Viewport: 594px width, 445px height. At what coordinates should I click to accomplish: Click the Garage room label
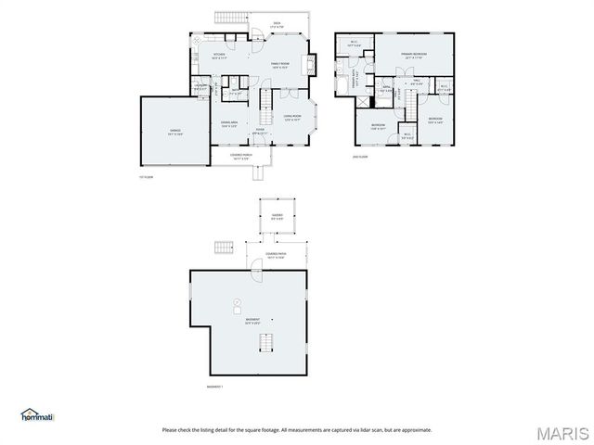tap(174, 133)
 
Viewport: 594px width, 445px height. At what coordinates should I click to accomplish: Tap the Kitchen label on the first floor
tap(219, 57)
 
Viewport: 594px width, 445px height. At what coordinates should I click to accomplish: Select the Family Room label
tap(280, 65)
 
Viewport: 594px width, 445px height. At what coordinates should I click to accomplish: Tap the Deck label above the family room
tap(277, 25)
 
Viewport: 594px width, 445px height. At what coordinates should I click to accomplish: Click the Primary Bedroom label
tap(413, 57)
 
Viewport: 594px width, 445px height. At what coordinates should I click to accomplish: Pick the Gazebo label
tap(277, 217)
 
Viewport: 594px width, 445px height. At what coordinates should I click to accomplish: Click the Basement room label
tap(251, 322)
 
